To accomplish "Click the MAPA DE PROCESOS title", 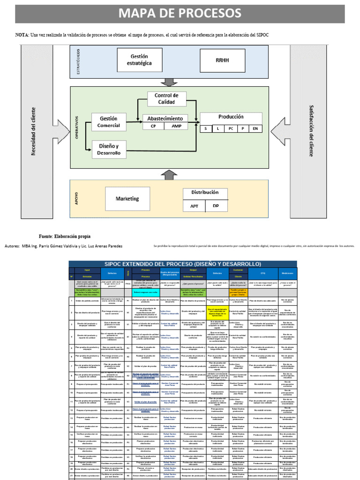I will pyautogui.click(x=180, y=13).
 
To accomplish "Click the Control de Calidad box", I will pyautogui.click(x=166, y=98).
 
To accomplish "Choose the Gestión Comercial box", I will pyautogui.click(x=108, y=122).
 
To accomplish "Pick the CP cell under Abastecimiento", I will pyautogui.click(x=153, y=126).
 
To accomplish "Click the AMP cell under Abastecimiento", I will pyautogui.click(x=176, y=126).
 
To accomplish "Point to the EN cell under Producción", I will pyautogui.click(x=255, y=128).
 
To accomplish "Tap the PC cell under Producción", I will pyautogui.click(x=231, y=128).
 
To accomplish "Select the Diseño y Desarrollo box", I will pyautogui.click(x=108, y=149).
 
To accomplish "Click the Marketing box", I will pyautogui.click(x=127, y=199).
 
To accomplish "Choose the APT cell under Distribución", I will pyautogui.click(x=194, y=206).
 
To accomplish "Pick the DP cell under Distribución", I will pyautogui.click(x=216, y=206).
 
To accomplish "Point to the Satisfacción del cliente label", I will pyautogui.click(x=311, y=131).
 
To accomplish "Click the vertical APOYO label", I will pyautogui.click(x=76, y=199).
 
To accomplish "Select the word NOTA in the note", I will pyautogui.click(x=22, y=35).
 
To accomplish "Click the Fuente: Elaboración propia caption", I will pyautogui.click(x=65, y=236).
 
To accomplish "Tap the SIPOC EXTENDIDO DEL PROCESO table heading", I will pyautogui.click(x=183, y=264).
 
